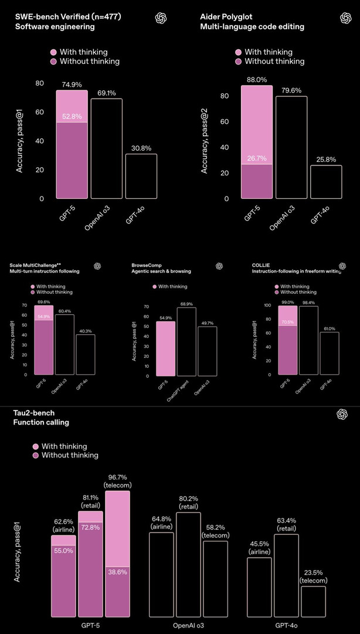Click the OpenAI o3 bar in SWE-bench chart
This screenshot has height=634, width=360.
pos(106,148)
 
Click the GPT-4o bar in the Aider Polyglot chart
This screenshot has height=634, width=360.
pos(326,182)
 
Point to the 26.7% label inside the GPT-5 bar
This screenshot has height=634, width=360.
pos(257,158)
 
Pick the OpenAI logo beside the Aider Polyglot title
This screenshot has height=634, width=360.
pos(345,18)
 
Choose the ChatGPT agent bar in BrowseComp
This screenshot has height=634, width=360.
pos(186,342)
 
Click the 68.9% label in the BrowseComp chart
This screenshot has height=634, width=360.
pos(186,304)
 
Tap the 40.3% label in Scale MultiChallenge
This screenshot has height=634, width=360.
pos(85,331)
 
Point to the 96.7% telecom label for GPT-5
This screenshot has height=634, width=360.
pos(118,481)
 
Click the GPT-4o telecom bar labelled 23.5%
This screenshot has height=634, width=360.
pos(314,601)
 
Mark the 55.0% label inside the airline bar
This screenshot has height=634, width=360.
pos(63,551)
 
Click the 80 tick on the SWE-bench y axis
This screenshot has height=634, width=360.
pos(40,83)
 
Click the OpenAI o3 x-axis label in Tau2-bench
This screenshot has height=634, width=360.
pos(188,626)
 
